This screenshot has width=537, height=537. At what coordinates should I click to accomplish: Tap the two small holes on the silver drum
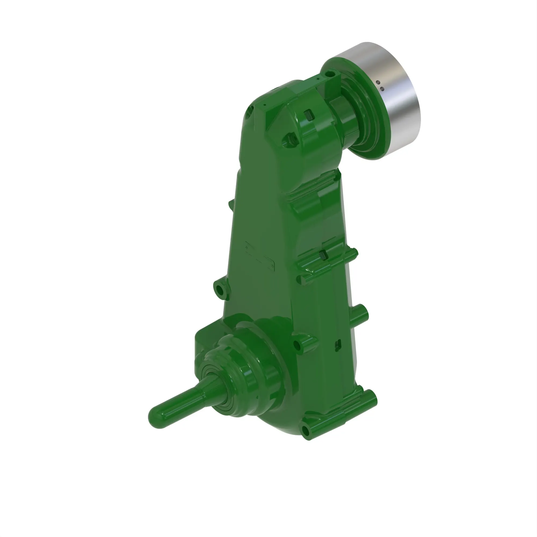(380, 86)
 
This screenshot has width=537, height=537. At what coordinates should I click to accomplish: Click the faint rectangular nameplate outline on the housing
(260, 256)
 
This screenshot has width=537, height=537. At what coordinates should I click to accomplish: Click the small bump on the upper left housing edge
(231, 204)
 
